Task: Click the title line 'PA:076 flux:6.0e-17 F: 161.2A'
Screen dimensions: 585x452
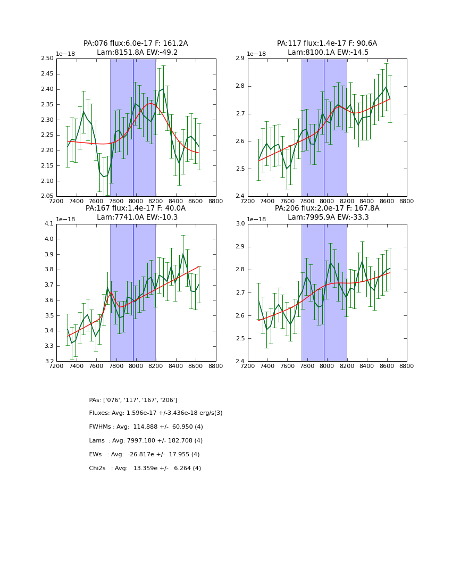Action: point(136,44)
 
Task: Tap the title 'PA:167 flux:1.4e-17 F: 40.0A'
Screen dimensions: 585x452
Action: point(136,208)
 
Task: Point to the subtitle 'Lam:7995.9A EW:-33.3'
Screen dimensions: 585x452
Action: point(328,218)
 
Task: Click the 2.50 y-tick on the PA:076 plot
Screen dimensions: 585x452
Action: point(47,59)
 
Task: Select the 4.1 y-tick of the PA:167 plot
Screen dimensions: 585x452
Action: point(49,224)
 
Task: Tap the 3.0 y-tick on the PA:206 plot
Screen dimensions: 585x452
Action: point(240,224)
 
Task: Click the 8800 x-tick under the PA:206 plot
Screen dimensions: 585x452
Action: point(407,366)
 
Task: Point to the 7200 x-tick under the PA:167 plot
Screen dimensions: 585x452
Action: point(56,366)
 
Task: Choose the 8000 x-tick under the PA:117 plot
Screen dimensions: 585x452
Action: point(327,201)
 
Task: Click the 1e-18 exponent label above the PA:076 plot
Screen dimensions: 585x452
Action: point(66,54)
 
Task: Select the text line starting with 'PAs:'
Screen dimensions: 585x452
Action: point(133,400)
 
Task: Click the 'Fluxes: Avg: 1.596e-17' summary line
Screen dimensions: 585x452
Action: point(156,413)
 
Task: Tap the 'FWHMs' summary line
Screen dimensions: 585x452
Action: point(146,427)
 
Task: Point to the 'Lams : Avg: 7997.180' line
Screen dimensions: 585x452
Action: point(146,441)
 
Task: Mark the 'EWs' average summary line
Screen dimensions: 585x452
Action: point(144,455)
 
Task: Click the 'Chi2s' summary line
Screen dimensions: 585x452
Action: point(145,469)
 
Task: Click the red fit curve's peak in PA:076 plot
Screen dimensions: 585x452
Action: point(151,103)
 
